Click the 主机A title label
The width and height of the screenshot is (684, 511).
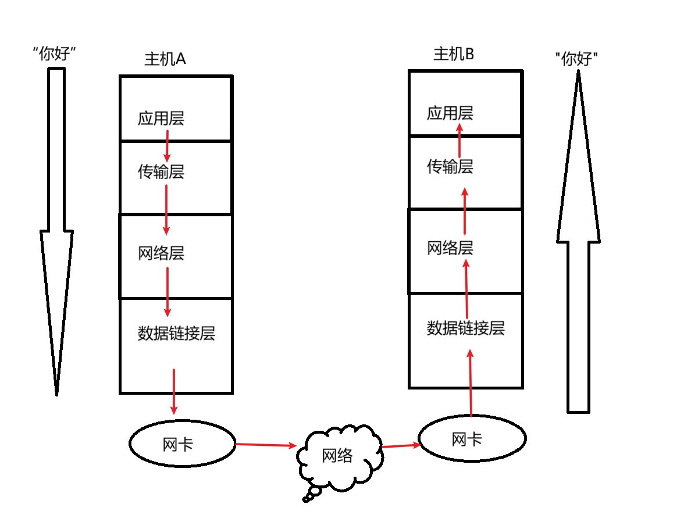click(165, 59)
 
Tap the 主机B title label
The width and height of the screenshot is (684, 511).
click(454, 55)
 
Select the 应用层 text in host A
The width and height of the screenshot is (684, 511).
click(161, 119)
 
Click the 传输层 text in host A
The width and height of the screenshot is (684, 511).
click(161, 171)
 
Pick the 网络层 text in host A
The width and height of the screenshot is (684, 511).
click(161, 253)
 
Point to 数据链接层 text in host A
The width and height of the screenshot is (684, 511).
click(176, 334)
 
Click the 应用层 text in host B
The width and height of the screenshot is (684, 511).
click(450, 113)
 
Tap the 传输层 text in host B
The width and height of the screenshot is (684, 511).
click(450, 167)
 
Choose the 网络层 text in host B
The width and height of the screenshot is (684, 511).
click(450, 248)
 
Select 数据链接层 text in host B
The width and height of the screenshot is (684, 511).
click(465, 328)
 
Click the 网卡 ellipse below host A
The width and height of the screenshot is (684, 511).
click(181, 445)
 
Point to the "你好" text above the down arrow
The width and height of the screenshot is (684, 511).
click(55, 55)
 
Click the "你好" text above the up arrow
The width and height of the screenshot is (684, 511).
click(577, 59)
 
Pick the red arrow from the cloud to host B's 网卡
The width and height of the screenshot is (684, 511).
click(401, 446)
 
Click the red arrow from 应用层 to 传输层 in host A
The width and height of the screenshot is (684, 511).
click(167, 146)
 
